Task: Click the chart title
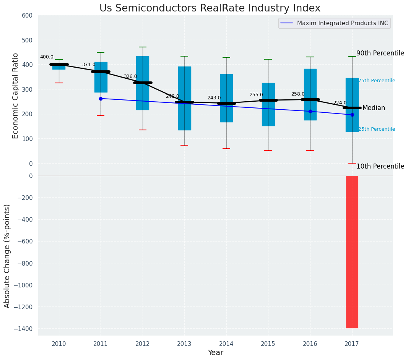[x=210, y=8]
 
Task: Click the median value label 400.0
[x=47, y=57]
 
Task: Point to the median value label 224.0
[x=340, y=103]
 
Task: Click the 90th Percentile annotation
[x=380, y=53]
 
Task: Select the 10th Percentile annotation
[x=380, y=166]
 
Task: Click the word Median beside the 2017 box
[x=374, y=108]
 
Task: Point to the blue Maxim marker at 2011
[x=101, y=99]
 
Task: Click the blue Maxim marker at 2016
[x=310, y=111]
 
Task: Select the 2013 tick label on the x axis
[x=184, y=344]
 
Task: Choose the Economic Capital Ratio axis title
[x=16, y=96]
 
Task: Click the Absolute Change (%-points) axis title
[x=7, y=256]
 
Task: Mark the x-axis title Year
[x=215, y=353]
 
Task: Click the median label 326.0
[x=130, y=77]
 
